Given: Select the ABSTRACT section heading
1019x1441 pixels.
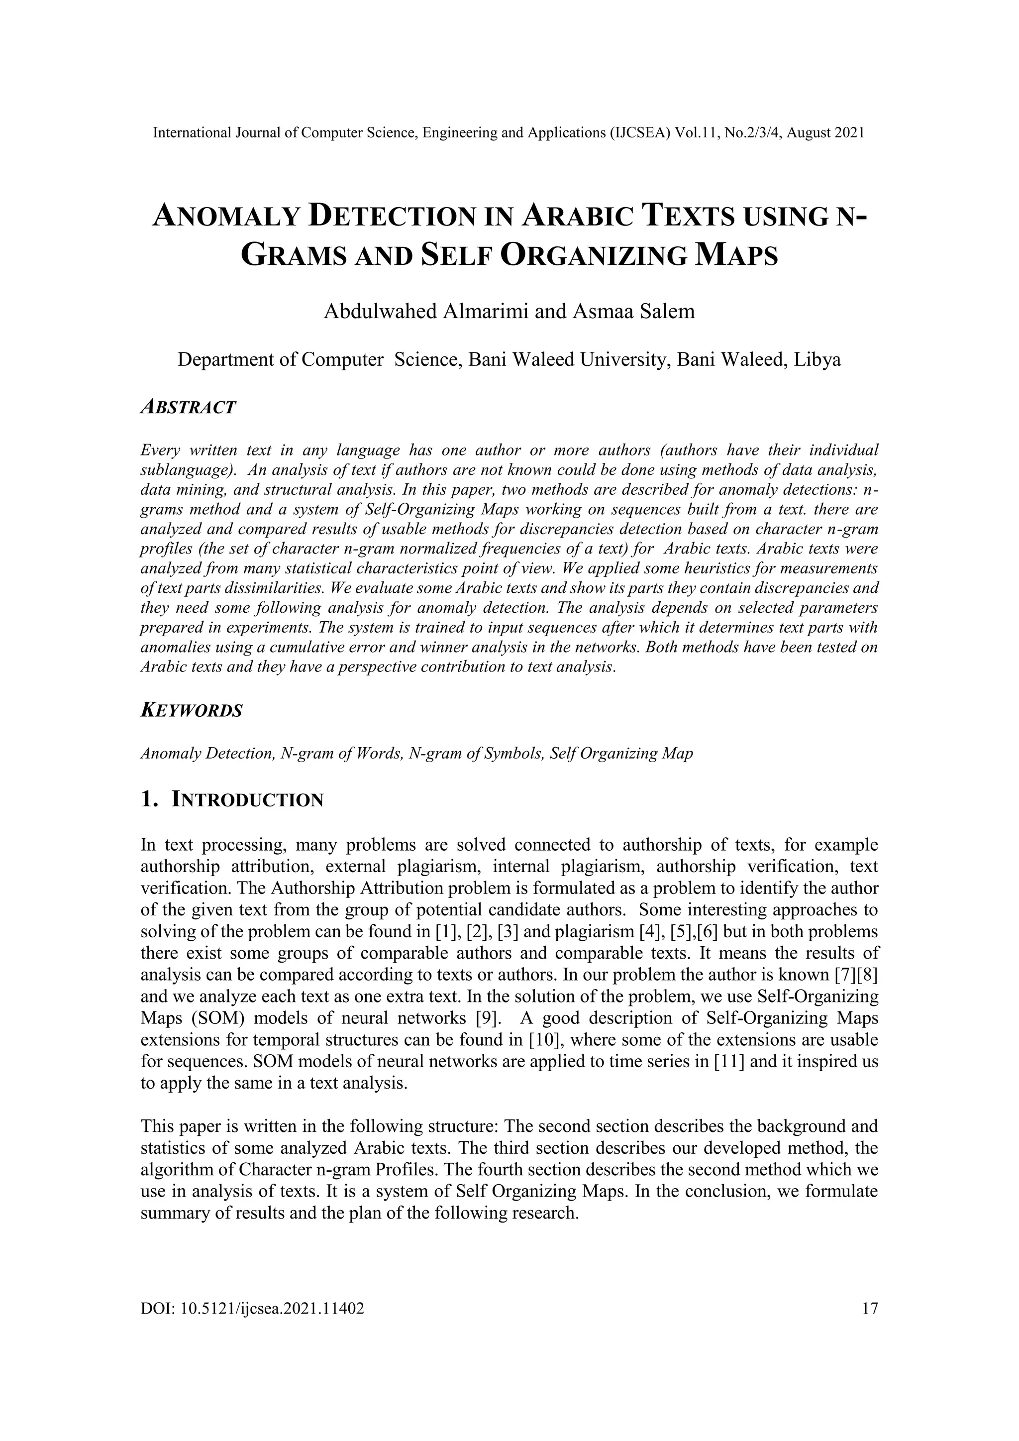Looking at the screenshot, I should point(188,407).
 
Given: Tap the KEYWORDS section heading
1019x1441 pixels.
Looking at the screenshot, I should point(192,711).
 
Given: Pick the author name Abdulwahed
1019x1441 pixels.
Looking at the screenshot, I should point(380,311).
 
